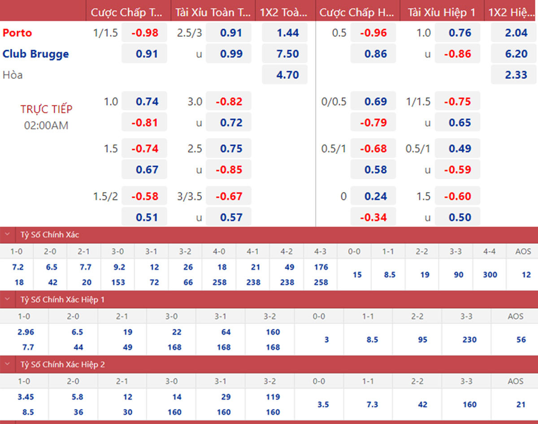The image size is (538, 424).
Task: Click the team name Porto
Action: click(17, 33)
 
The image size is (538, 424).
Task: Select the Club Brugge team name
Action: click(36, 54)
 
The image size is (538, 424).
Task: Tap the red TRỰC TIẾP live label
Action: click(46, 109)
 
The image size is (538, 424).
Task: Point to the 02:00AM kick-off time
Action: click(46, 125)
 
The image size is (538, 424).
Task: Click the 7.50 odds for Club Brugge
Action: click(287, 54)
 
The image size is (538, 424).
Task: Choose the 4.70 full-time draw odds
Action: click(287, 75)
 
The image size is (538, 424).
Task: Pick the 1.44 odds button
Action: click(287, 33)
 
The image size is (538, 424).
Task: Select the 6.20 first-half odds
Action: click(516, 54)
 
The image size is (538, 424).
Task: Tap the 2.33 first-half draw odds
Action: click(516, 75)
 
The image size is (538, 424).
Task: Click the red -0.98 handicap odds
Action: click(145, 33)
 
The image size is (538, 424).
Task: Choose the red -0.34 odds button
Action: click(373, 217)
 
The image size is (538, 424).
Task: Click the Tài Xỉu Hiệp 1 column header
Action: click(442, 13)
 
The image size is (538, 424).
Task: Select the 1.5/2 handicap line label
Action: click(105, 196)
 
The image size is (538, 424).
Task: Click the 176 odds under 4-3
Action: click(321, 267)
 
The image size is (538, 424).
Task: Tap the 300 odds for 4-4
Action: click(490, 275)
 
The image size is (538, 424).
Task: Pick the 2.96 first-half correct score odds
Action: click(25, 332)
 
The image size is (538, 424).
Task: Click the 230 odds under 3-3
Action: click(469, 340)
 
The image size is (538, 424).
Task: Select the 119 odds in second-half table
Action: click(273, 397)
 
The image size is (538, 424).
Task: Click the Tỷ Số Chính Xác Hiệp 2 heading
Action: click(63, 365)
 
